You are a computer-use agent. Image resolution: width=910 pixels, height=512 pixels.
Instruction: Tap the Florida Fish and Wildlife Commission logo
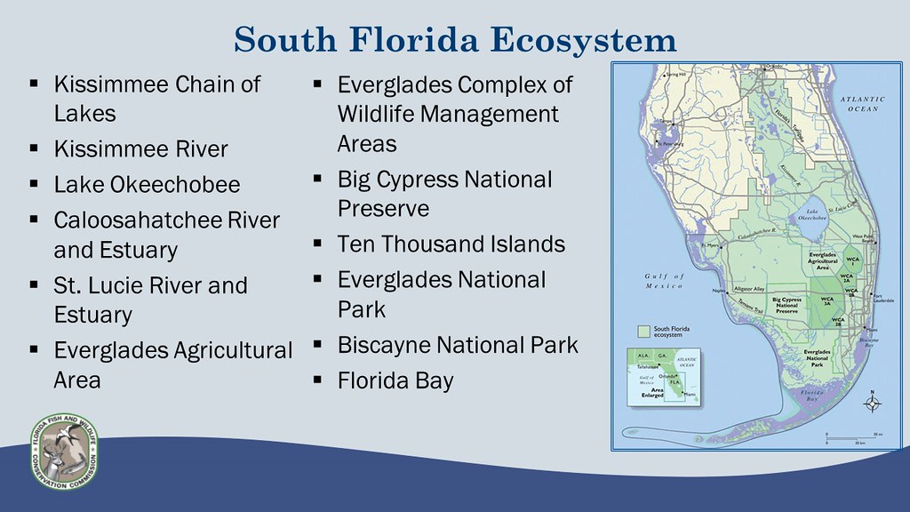click(64, 451)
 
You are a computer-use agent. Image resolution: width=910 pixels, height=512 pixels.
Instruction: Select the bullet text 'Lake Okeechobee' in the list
click(147, 185)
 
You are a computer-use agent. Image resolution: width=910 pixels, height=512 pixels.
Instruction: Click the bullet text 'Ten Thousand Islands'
click(451, 244)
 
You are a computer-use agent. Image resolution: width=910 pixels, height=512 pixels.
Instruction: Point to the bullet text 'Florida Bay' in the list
click(395, 381)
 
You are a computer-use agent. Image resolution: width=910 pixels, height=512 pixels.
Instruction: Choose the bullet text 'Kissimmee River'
click(140, 148)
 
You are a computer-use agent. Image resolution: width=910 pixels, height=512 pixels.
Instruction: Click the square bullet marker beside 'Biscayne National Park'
click(316, 346)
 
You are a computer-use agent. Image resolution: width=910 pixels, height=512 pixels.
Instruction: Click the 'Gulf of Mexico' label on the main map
click(662, 281)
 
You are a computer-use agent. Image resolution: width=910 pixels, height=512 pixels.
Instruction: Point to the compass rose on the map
click(873, 404)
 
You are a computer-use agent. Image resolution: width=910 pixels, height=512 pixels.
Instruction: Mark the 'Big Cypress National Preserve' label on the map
click(786, 305)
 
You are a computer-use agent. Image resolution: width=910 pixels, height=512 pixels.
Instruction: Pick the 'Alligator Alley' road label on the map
click(750, 290)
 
